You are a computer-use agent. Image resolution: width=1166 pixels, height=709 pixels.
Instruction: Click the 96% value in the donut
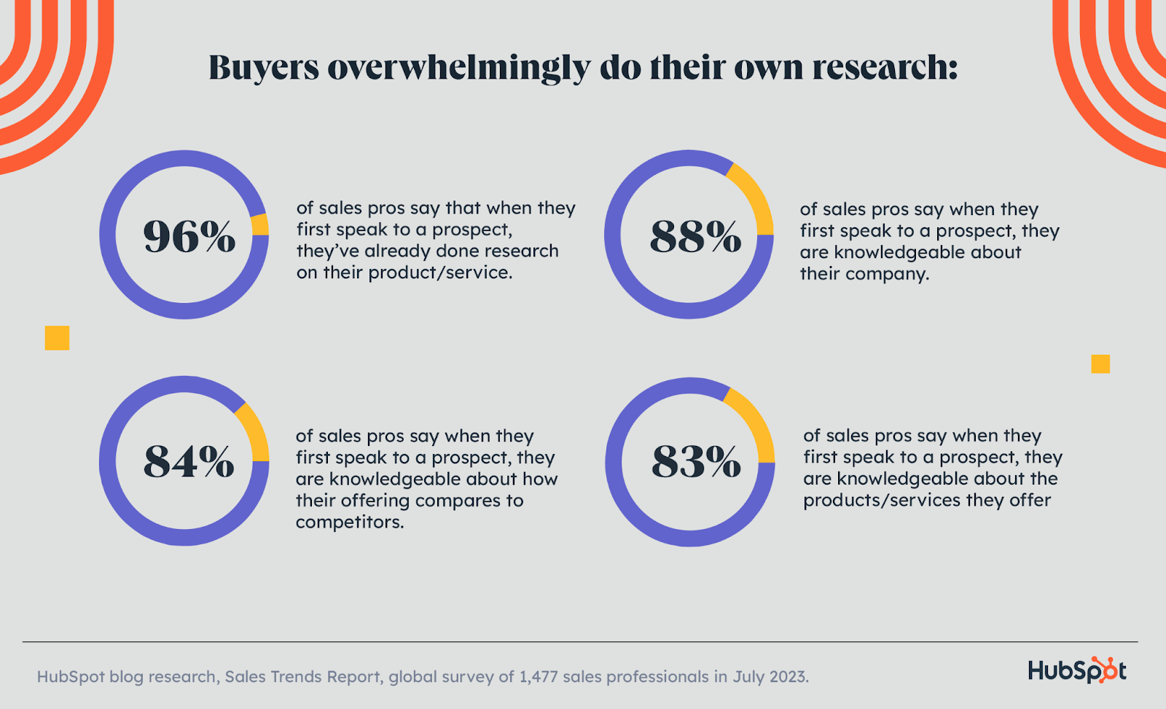[189, 236]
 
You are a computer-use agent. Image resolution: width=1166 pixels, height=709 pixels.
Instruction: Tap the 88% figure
[695, 236]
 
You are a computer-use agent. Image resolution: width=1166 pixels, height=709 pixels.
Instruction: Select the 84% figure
[189, 462]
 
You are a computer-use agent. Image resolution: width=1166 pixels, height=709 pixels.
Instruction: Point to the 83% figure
[696, 462]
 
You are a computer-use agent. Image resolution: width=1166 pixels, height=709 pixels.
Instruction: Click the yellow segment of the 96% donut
[260, 224]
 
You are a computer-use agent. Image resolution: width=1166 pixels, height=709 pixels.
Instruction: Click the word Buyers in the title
[264, 68]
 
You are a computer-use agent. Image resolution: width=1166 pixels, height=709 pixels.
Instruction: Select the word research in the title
[884, 68]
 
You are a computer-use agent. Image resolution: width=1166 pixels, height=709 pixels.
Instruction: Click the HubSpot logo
[1077, 670]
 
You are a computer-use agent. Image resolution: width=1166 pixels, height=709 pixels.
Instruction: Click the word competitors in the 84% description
[349, 522]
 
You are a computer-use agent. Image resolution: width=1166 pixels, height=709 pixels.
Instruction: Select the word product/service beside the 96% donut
[439, 273]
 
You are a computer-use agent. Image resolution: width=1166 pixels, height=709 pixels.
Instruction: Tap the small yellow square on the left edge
[57, 338]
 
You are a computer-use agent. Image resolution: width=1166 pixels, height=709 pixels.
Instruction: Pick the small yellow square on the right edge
[1100, 364]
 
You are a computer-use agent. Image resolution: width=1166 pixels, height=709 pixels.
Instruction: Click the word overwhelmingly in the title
[459, 68]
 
